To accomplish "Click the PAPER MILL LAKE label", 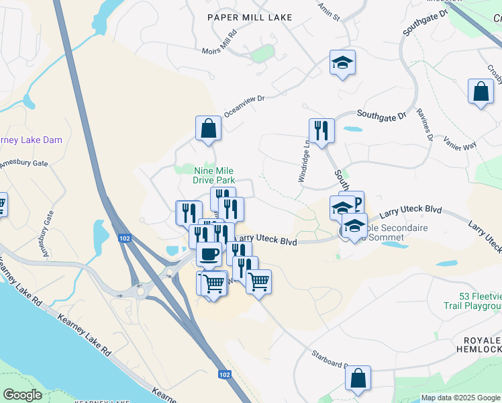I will coord(250,17).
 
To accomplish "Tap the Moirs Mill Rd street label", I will coord(220,42).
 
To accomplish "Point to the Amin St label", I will coord(329,10).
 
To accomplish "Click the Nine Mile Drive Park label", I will coord(213,175).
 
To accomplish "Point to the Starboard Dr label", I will coord(328,360).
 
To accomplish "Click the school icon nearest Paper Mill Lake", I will coord(342,63).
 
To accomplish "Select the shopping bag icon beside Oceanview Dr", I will coord(208,128).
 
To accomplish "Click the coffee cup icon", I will coord(209,254).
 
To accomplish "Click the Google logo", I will coord(22,395).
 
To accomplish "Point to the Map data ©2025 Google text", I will coord(460,398).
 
